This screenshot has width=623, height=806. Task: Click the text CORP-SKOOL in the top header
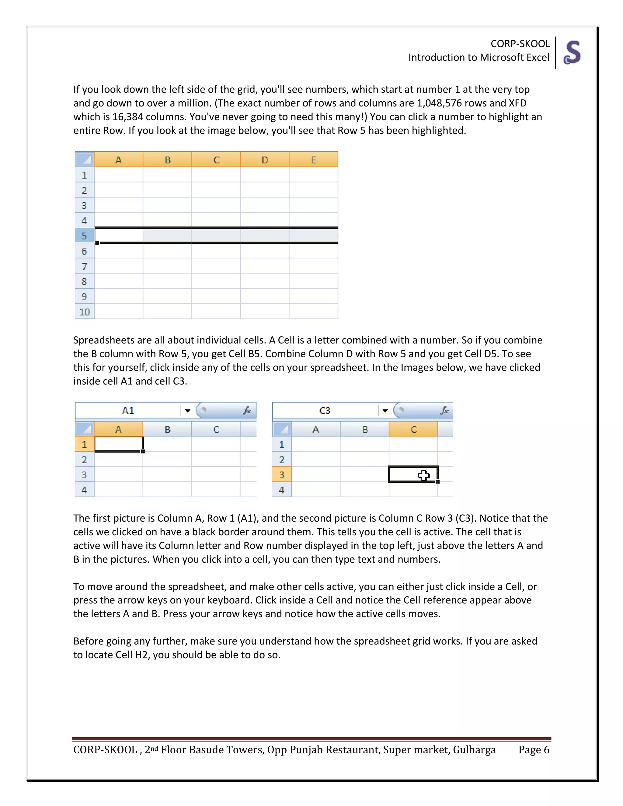(x=520, y=44)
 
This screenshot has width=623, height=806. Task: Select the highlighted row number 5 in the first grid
(x=84, y=236)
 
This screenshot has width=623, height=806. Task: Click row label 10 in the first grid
(x=85, y=312)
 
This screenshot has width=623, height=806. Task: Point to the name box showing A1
(x=128, y=411)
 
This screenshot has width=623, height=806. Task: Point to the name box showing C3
(x=325, y=411)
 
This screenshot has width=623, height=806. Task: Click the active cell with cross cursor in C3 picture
(x=413, y=474)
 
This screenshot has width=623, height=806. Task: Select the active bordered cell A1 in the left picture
(x=118, y=444)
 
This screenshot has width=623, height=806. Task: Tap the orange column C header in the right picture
(x=413, y=429)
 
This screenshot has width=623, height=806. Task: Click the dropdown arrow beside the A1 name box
(x=187, y=411)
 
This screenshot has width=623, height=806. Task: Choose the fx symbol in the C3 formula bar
(x=444, y=411)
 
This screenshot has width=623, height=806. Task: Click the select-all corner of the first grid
(x=85, y=160)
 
